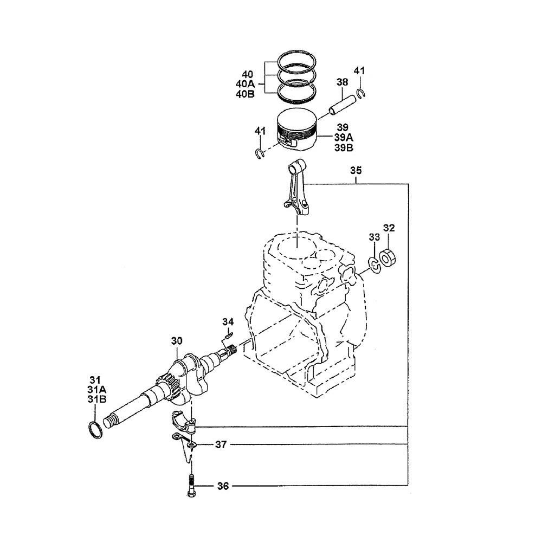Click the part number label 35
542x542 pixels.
pyautogui.click(x=356, y=170)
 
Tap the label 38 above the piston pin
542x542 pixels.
pyautogui.click(x=342, y=82)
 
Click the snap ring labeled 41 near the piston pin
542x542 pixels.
pyautogui.click(x=360, y=93)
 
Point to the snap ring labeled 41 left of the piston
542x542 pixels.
pyautogui.click(x=260, y=153)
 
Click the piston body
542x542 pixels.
pyautogui.click(x=298, y=129)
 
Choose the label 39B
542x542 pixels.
pyautogui.click(x=344, y=148)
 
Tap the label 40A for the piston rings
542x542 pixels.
pyautogui.click(x=245, y=84)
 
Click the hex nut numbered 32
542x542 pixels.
pyautogui.click(x=388, y=258)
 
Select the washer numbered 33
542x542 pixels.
pyautogui.click(x=374, y=265)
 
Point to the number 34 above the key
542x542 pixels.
pyautogui.click(x=228, y=322)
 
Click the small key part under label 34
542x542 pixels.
pyautogui.click(x=229, y=334)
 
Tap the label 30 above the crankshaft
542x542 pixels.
pyautogui.click(x=177, y=341)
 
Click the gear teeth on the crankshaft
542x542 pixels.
pyautogui.click(x=169, y=388)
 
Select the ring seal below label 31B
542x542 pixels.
pyautogui.click(x=95, y=430)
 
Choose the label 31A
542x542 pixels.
pyautogui.click(x=97, y=390)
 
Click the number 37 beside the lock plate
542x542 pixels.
pyautogui.click(x=221, y=444)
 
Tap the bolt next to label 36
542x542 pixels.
pyautogui.click(x=191, y=486)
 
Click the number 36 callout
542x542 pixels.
pyautogui.click(x=223, y=486)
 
